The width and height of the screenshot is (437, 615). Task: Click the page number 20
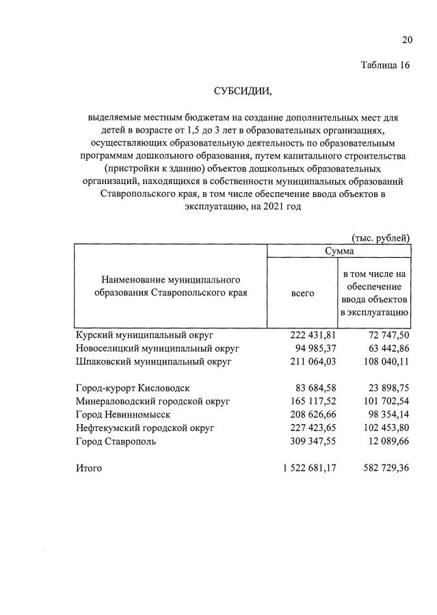tap(406, 40)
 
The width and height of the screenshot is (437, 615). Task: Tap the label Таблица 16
tap(385, 66)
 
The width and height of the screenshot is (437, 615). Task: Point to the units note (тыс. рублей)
tap(380, 238)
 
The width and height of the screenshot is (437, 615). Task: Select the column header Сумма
tap(339, 252)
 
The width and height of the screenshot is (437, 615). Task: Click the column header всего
tap(303, 293)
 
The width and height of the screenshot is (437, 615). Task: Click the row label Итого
tap(88, 469)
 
